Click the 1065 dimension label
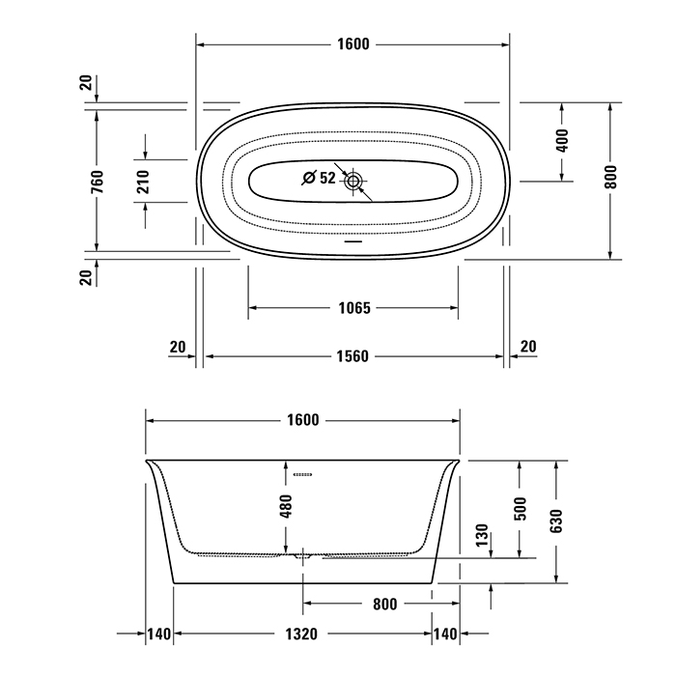pos(354,308)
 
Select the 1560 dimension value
pos(352,356)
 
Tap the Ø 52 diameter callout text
pos(319,178)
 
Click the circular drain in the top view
pos(353,182)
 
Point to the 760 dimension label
pos(98,182)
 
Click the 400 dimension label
pos(562,140)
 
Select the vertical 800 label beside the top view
pos(610,177)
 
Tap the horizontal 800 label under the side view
pos(384,605)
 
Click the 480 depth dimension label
pos(286,506)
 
